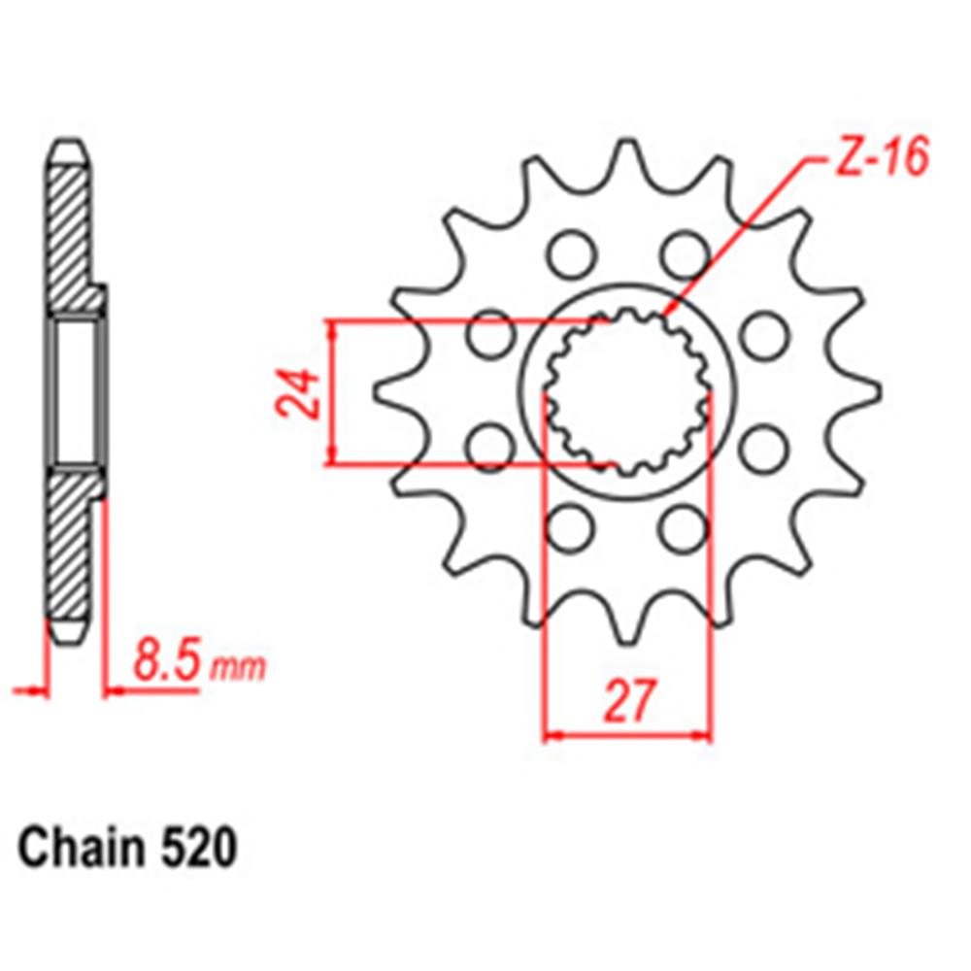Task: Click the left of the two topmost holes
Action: tap(569, 254)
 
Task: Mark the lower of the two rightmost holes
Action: tap(765, 449)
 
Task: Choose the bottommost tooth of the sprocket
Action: tap(627, 628)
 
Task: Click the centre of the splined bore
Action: tap(627, 392)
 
